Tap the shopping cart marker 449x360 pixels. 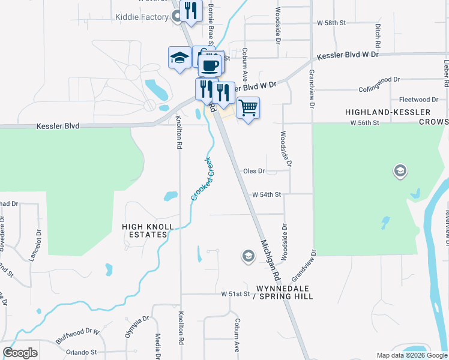(x=247, y=109)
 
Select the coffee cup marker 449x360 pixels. (x=209, y=65)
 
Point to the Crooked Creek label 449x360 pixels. (x=203, y=179)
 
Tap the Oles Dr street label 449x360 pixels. (x=254, y=171)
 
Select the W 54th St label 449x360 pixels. (x=267, y=195)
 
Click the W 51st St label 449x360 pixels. (x=235, y=295)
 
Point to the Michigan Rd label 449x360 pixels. (x=271, y=258)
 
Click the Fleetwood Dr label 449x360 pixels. (x=418, y=100)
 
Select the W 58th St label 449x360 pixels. (x=332, y=23)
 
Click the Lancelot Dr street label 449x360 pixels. (x=33, y=246)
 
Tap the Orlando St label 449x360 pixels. (x=82, y=352)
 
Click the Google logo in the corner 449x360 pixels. (x=20, y=353)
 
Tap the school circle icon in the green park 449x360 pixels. (x=400, y=172)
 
